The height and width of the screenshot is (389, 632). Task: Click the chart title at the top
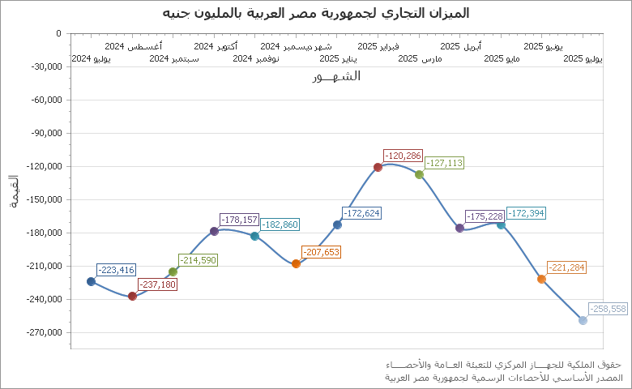coord(316,14)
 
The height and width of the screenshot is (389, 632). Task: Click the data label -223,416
coord(116,270)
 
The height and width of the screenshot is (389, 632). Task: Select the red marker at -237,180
coord(132,296)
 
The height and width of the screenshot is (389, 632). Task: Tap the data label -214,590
coord(198,260)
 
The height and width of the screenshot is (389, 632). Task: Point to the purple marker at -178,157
coord(214,231)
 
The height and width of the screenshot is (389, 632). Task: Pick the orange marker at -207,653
coord(296,263)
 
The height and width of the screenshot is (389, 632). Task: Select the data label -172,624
coord(361,213)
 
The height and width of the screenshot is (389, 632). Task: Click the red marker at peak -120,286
coord(378,167)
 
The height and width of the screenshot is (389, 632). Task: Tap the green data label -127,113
coord(444,163)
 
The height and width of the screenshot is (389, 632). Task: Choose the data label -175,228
coord(485,216)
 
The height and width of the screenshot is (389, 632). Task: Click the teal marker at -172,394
coord(501,224)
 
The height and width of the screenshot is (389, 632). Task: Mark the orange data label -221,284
coord(566,267)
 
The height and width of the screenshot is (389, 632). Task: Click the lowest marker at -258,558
coord(583,320)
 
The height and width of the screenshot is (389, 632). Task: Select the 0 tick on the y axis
coord(58,34)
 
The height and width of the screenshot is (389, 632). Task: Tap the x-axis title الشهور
coord(335,76)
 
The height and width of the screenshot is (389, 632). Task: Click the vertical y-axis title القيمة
coord(13,191)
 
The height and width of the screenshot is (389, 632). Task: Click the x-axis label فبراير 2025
coord(378,47)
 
